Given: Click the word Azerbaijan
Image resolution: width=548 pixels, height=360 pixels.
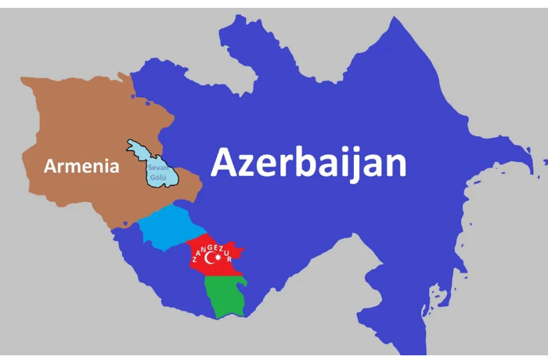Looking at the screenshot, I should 308,163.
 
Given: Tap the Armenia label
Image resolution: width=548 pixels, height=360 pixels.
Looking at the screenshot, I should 81,166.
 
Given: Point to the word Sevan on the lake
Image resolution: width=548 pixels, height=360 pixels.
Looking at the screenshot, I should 158,167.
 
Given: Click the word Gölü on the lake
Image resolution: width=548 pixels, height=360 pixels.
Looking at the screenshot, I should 157,178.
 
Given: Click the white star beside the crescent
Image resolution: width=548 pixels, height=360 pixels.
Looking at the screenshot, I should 218,257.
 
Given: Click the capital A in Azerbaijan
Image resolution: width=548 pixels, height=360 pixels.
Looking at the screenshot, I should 225,163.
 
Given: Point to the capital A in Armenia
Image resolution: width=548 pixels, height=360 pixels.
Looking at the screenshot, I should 51,166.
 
